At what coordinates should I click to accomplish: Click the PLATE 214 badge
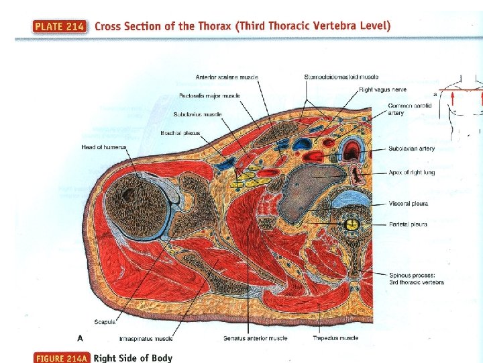tap(59, 27)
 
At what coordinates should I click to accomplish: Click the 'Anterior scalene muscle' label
tap(227, 77)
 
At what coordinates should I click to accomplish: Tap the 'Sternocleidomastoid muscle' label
tap(341, 77)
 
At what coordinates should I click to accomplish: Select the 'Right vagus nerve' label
tap(382, 89)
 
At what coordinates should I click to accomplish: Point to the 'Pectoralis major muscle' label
tap(209, 96)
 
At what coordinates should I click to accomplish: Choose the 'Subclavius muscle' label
tap(197, 114)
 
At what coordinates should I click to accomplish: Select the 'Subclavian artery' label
tap(411, 149)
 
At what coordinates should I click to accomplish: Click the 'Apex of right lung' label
tap(411, 173)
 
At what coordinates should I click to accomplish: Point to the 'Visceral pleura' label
tap(408, 203)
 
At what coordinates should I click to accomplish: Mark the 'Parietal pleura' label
tap(408, 225)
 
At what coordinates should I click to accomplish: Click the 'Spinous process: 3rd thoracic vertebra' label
tap(416, 278)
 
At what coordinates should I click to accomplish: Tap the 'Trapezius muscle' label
tap(335, 338)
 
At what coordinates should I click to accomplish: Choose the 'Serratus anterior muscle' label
tap(256, 338)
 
